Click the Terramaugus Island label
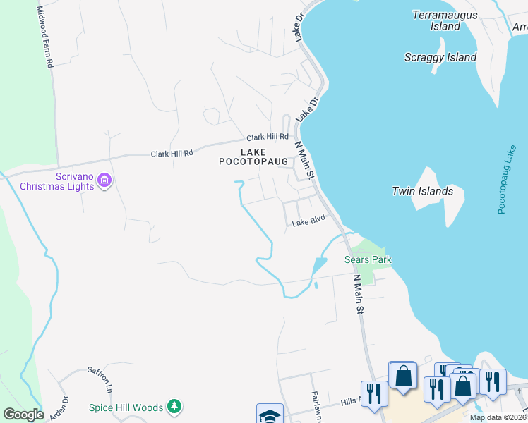[445, 20]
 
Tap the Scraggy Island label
[440, 58]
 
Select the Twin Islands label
[422, 191]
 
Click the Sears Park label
[368, 259]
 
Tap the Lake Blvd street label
[308, 223]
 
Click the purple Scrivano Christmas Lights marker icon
[104, 181]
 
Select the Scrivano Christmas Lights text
[56, 181]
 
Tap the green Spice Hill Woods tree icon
[175, 407]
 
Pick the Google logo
[23, 415]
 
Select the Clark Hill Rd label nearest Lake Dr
[268, 137]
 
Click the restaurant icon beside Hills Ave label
[373, 393]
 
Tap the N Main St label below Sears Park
[359, 294]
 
